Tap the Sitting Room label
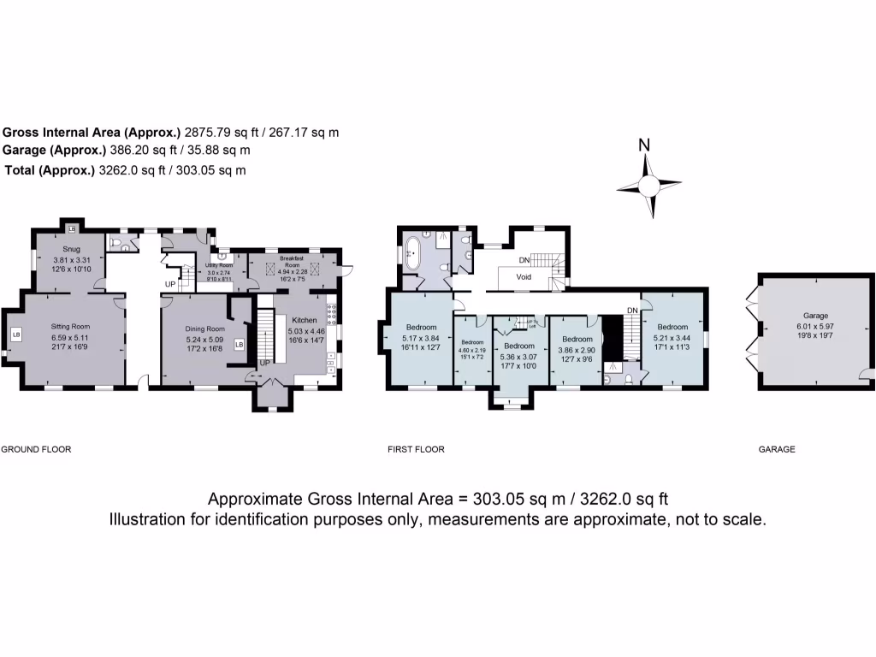point(69,326)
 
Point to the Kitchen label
point(304,320)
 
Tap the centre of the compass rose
point(649,186)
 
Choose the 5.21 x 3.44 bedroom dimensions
point(672,337)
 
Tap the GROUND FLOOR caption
point(35,449)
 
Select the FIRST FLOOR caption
point(416,449)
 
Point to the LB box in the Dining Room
point(239,345)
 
